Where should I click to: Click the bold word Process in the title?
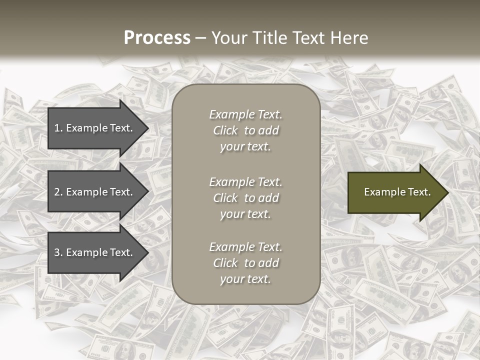click(x=157, y=38)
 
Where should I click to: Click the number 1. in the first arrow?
click(x=58, y=128)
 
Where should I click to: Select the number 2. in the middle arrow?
click(x=58, y=192)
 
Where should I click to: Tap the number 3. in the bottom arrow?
click(x=58, y=252)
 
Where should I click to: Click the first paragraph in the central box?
click(x=245, y=130)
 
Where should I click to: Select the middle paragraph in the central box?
click(x=245, y=198)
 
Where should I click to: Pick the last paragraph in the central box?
click(x=245, y=263)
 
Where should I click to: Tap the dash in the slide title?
click(x=200, y=38)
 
